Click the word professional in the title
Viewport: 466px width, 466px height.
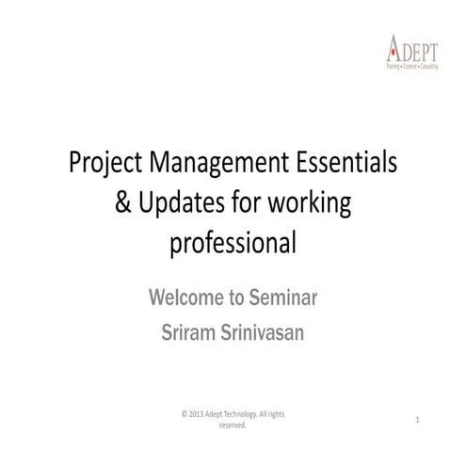point(233,244)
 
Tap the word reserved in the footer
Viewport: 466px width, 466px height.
point(233,426)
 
